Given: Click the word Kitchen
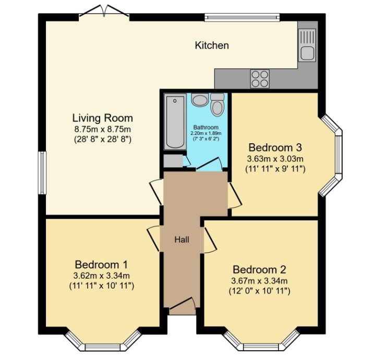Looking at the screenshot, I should pos(212,46).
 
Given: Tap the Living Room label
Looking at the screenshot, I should pos(102,118).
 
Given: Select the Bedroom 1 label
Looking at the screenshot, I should pos(101,264).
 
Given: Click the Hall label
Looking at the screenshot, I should pos(182,240).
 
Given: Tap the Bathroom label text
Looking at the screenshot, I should pos(206,128).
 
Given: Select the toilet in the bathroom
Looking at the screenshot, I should pos(218,106).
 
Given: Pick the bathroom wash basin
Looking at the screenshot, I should pos(199,100).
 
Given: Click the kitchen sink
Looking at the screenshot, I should pos(307,44).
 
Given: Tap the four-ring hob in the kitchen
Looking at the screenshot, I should pos(260,78).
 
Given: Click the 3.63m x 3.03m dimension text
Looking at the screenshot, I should pos(275,158).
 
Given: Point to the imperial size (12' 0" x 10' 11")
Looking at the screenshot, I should pos(260,292).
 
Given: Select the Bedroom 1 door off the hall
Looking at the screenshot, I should pos(154,239).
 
